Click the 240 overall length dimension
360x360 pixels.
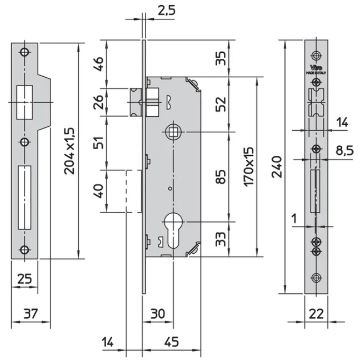(277, 167)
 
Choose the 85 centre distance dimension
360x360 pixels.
(221, 176)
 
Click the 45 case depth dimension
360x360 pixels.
(172, 341)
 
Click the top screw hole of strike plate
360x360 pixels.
(24, 52)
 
